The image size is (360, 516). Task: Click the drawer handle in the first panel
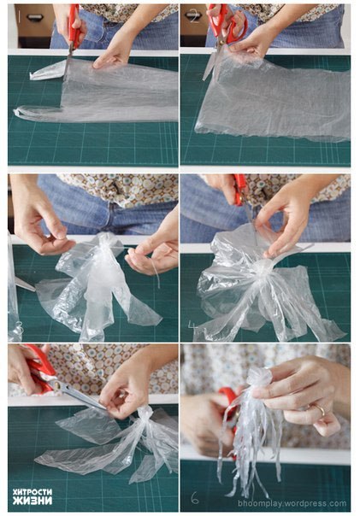point(34,16)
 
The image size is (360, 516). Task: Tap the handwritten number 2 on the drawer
point(193,16)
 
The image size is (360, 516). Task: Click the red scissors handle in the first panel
point(74,27)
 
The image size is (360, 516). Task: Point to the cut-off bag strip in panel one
point(47,72)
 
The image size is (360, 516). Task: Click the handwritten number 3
point(20,327)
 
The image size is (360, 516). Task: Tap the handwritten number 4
point(192,325)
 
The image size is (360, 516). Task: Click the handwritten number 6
point(195,498)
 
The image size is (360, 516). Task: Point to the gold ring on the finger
point(320,410)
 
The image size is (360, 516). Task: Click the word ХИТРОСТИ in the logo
point(32,492)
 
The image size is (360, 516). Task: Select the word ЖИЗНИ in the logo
point(32,501)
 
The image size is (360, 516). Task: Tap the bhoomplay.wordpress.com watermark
point(292,503)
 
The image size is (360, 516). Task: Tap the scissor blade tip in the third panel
point(34,290)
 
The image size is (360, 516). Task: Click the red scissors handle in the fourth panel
point(240,190)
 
